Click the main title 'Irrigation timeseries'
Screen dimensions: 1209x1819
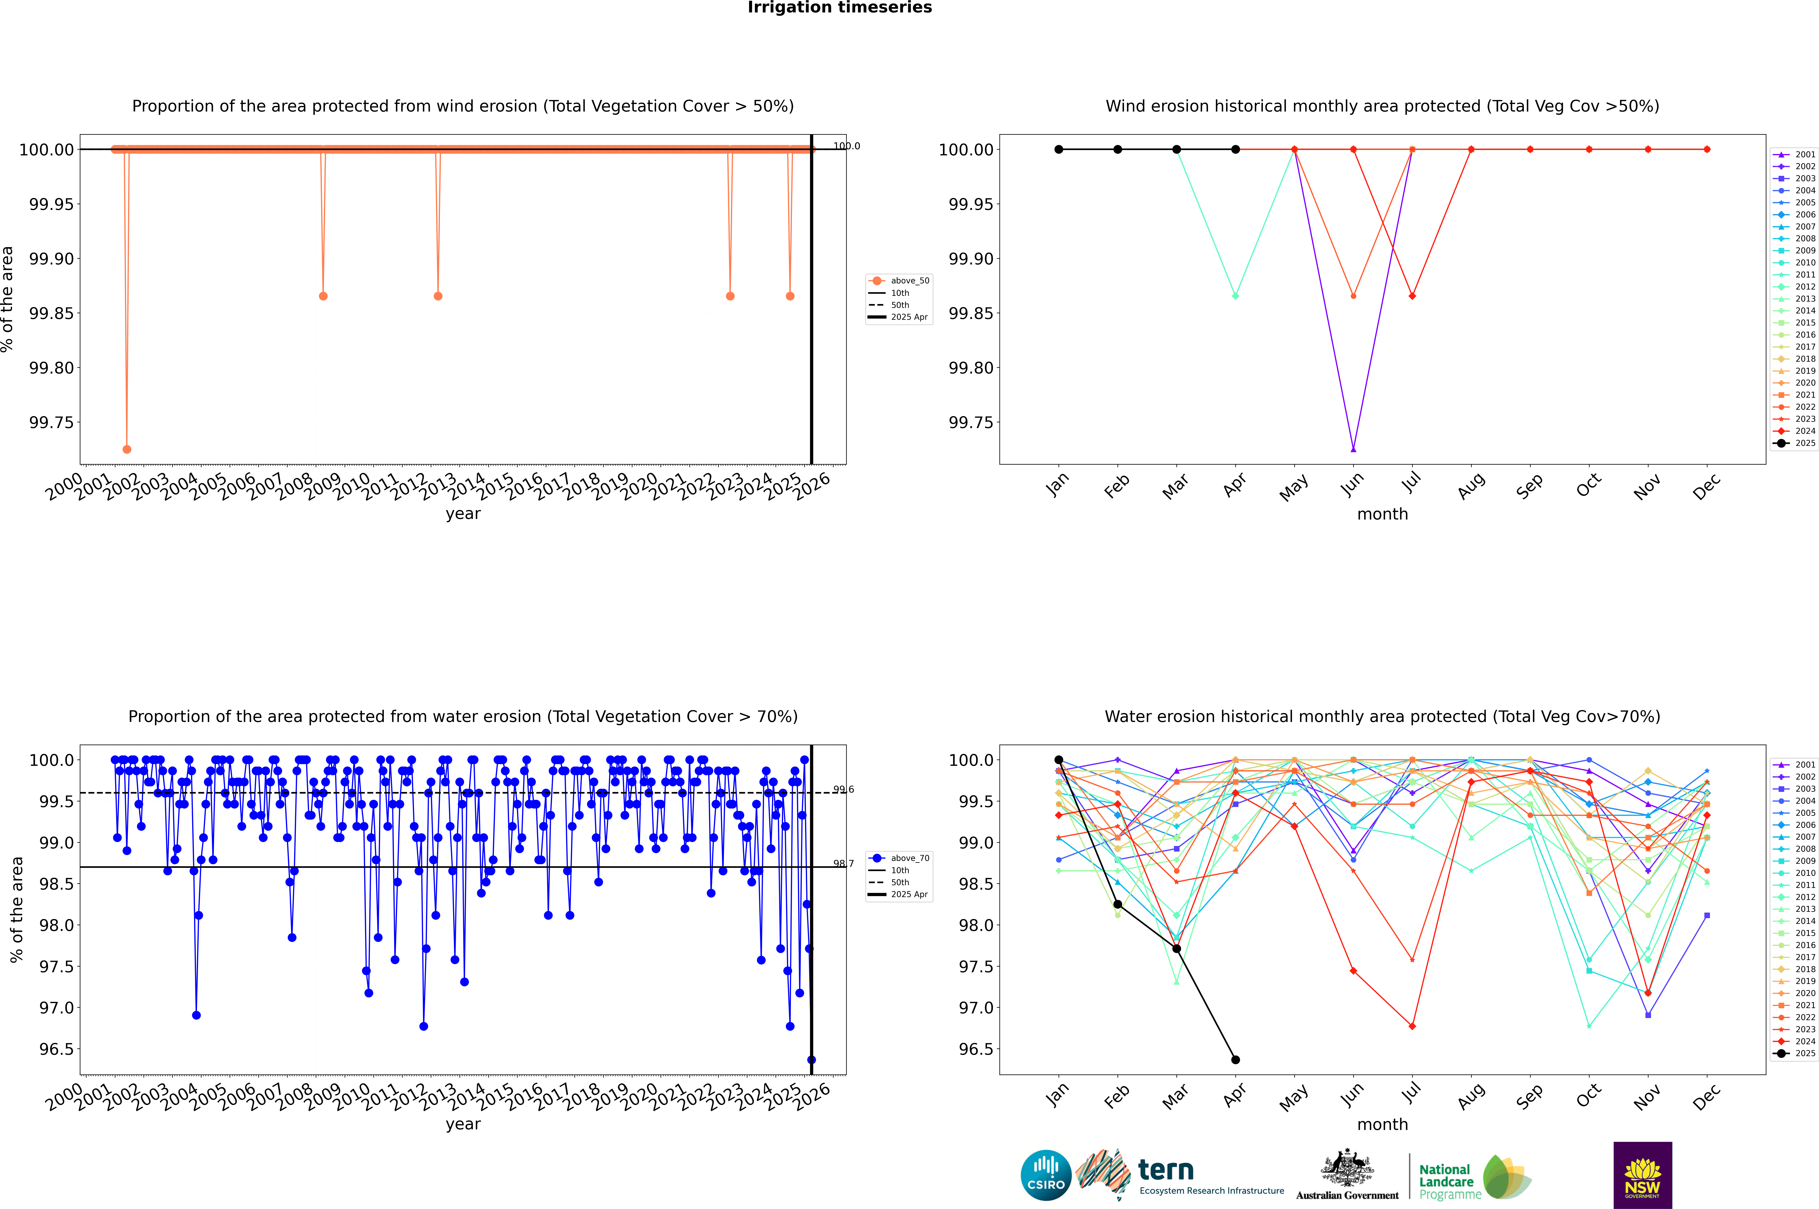click(x=840, y=8)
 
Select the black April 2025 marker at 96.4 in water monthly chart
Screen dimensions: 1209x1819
click(x=1235, y=1059)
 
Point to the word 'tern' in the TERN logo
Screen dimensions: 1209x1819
click(x=1166, y=1171)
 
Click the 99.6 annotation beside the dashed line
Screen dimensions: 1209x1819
click(x=843, y=790)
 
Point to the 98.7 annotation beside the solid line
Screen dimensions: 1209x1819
click(x=843, y=864)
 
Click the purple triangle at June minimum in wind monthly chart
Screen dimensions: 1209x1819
click(x=1353, y=449)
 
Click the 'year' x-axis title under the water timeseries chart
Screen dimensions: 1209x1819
click(x=463, y=1124)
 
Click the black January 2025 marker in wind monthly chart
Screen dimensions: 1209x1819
click(x=1059, y=150)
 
